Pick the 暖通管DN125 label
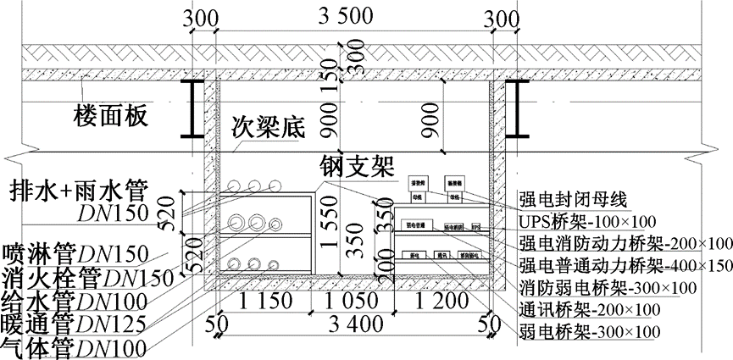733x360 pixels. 73,323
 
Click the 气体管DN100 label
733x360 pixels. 73,346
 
